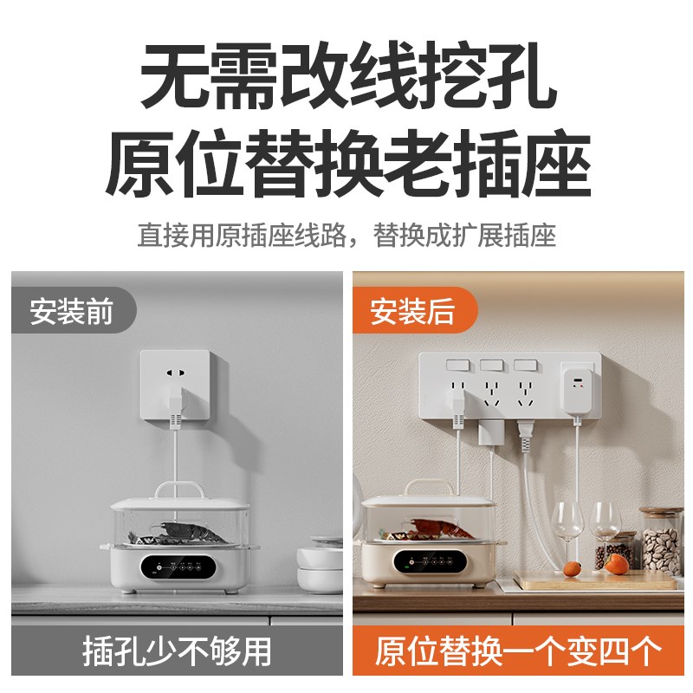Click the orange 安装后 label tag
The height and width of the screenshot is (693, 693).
pyautogui.click(x=413, y=311)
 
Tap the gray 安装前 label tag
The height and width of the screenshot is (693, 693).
pyautogui.click(x=72, y=311)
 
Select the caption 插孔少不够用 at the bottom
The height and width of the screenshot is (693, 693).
pyautogui.click(x=177, y=650)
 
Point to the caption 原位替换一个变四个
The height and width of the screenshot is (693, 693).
pyautogui.click(x=518, y=650)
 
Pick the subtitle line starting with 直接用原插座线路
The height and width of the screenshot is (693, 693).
pyautogui.click(x=346, y=235)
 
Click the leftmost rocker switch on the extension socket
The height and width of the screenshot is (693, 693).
pyautogui.click(x=450, y=366)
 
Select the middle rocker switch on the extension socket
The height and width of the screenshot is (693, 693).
pyautogui.click(x=490, y=366)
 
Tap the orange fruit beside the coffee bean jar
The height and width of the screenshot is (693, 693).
pyautogui.click(x=615, y=564)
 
